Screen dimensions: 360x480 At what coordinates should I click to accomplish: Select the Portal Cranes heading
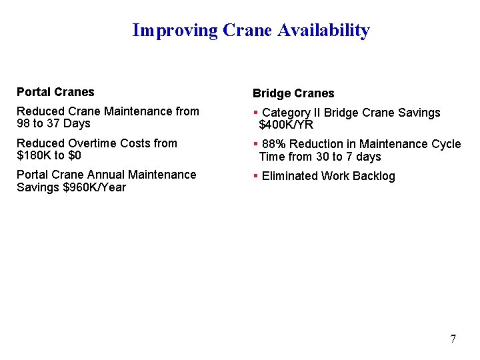[55, 92]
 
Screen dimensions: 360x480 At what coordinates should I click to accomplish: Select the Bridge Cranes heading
[293, 93]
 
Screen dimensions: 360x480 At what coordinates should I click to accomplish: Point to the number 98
[24, 124]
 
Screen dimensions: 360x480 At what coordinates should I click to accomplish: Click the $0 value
[74, 156]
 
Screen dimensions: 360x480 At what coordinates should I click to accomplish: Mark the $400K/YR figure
[286, 125]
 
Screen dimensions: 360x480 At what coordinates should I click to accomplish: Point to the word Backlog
[373, 176]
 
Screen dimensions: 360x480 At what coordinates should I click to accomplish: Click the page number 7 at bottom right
[453, 339]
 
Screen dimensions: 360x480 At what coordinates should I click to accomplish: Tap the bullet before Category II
[256, 113]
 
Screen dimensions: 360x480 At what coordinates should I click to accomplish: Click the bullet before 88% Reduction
[256, 144]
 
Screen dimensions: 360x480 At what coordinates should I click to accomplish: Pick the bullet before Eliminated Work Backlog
[256, 176]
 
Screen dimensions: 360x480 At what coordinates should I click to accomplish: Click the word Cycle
[445, 144]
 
